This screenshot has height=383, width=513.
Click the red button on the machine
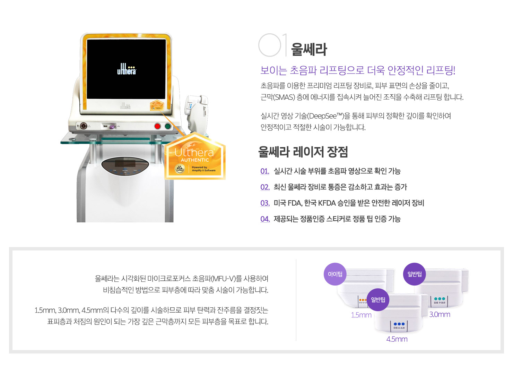tap(157, 126)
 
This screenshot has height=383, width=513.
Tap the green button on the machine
tap(168, 126)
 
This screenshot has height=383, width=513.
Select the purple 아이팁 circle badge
tap(335, 274)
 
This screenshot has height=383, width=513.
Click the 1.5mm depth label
tap(361, 315)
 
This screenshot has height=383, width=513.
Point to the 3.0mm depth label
tap(440, 315)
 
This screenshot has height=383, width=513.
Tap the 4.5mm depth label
tap(397, 339)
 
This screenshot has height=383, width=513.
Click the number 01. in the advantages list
tap(265, 171)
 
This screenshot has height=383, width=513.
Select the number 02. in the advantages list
tap(265, 187)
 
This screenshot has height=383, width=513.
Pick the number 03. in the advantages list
tap(265, 203)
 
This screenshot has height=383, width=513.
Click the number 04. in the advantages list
tap(265, 219)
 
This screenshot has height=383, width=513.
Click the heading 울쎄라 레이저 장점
tap(303, 152)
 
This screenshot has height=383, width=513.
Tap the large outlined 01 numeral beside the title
tap(272, 45)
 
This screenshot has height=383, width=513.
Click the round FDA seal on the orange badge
tap(180, 169)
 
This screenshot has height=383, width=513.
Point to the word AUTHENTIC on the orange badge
tap(195, 160)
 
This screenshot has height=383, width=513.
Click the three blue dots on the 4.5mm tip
tap(399, 324)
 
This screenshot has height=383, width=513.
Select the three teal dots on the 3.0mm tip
tap(440, 299)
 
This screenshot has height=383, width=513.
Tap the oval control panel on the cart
tap(125, 165)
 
